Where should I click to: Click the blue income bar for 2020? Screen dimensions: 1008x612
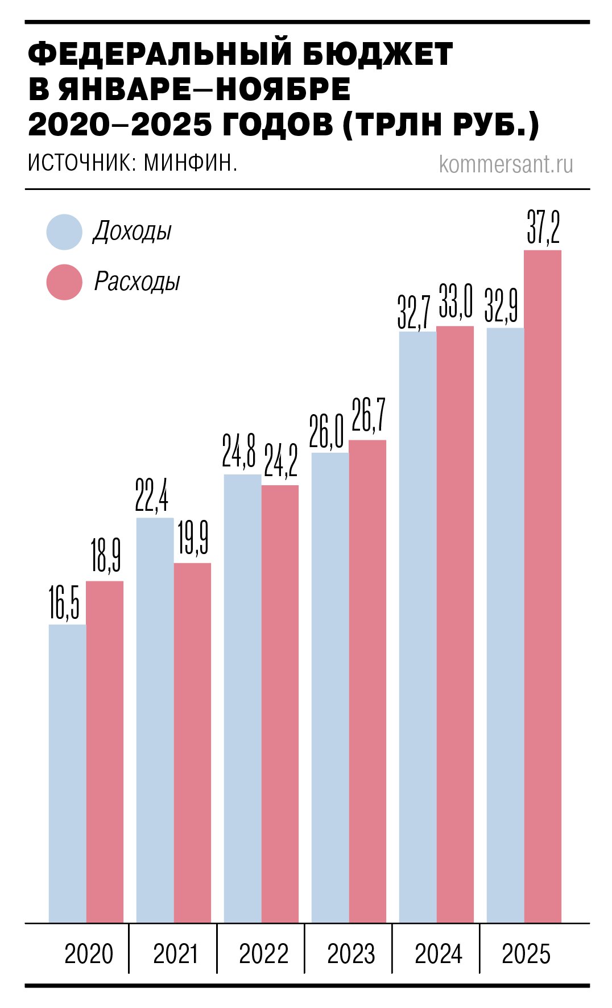tap(67, 774)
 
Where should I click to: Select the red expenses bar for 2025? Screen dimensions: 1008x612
tap(543, 586)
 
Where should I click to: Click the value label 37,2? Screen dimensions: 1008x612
tap(543, 228)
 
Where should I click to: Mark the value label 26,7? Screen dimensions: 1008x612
tap(369, 416)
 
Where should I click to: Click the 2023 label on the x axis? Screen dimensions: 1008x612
tap(351, 954)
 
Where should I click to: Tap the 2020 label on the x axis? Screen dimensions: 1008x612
tap(89, 954)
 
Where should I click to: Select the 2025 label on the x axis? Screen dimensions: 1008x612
tap(526, 954)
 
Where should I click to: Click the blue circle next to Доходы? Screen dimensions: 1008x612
tap(64, 232)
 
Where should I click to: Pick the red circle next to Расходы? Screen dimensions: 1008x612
tap(64, 282)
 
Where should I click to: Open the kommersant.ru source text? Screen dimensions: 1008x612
tap(506, 164)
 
